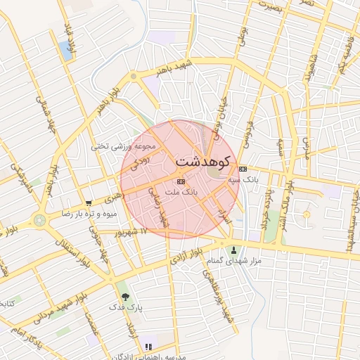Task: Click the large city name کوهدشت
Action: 202,161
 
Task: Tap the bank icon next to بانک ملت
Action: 181,181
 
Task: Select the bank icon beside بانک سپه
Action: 243,169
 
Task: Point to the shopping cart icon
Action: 88,203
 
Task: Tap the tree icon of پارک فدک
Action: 125,297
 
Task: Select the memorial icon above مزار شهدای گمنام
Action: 234,250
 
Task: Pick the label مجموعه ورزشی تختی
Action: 122,146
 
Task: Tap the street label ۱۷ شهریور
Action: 134,231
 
